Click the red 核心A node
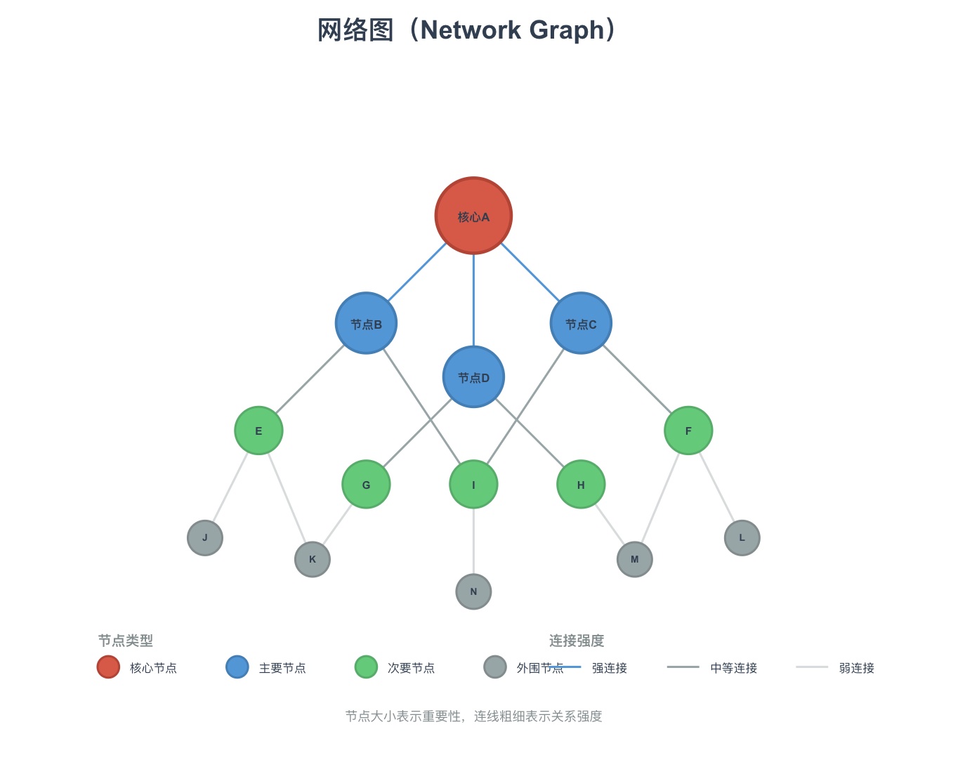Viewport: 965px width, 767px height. click(473, 216)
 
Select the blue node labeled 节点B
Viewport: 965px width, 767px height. click(366, 323)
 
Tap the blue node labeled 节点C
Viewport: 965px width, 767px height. click(581, 323)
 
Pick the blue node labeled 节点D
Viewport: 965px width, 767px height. click(473, 377)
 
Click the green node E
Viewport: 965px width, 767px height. click(258, 431)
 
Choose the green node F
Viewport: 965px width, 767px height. click(688, 431)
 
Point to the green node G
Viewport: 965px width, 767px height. click(366, 485)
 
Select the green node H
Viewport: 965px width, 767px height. click(581, 485)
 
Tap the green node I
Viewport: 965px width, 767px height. click(473, 485)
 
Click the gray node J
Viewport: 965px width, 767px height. click(205, 538)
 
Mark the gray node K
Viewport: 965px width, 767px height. click(313, 559)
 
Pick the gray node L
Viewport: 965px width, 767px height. click(742, 538)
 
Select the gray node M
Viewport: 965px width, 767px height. click(634, 559)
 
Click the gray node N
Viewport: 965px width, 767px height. click(473, 591)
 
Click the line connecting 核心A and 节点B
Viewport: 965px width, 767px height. click(417, 273)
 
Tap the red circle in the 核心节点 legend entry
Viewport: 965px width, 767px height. click(108, 667)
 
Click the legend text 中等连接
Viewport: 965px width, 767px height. click(733, 668)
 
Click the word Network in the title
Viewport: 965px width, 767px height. click(471, 30)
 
